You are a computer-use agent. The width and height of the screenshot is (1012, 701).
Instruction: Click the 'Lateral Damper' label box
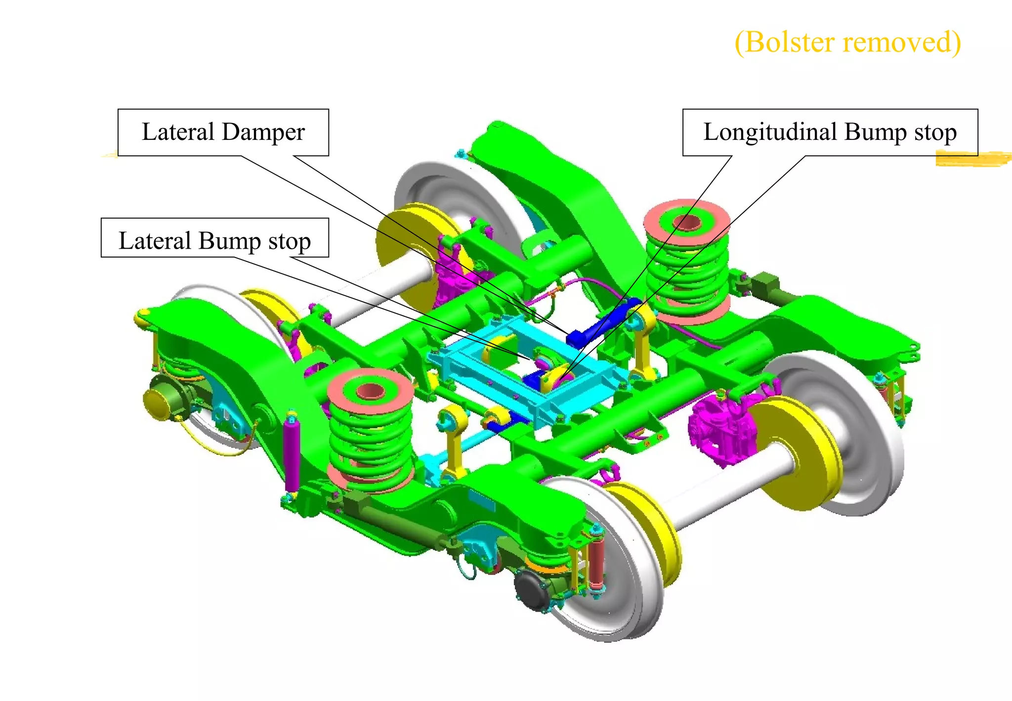pyautogui.click(x=223, y=132)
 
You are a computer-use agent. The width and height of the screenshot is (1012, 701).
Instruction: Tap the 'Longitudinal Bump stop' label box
pyautogui.click(x=830, y=132)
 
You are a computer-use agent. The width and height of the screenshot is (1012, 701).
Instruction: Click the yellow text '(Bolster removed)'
pyautogui.click(x=847, y=42)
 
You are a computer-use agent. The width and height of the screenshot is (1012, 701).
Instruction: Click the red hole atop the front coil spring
pyautogui.click(x=370, y=391)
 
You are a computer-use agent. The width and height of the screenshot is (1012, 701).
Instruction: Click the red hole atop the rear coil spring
pyautogui.click(x=687, y=222)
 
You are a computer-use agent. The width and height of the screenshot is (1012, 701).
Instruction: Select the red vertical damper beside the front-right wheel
pyautogui.click(x=596, y=564)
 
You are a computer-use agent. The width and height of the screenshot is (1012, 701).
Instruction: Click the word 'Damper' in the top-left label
pyautogui.click(x=263, y=132)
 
